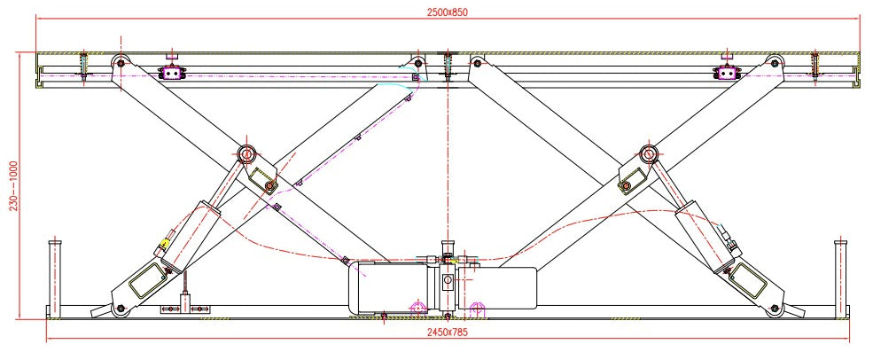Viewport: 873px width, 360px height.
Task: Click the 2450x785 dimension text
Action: point(448,333)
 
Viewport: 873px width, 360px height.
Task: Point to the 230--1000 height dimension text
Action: point(14,186)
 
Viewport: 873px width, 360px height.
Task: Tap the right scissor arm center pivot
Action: point(648,153)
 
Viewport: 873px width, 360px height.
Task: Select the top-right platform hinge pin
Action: point(774,62)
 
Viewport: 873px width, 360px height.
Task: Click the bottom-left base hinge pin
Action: point(121,309)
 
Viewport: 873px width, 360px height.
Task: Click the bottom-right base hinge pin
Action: point(774,309)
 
